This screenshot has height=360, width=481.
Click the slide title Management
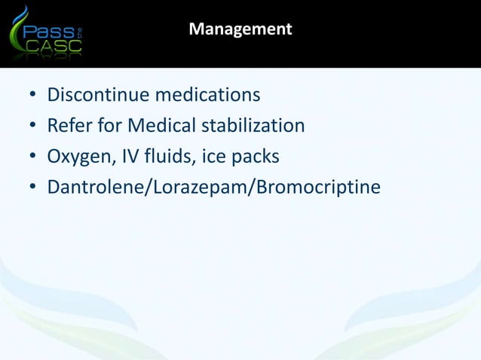click(240, 29)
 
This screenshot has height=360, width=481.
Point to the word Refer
click(68, 125)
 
